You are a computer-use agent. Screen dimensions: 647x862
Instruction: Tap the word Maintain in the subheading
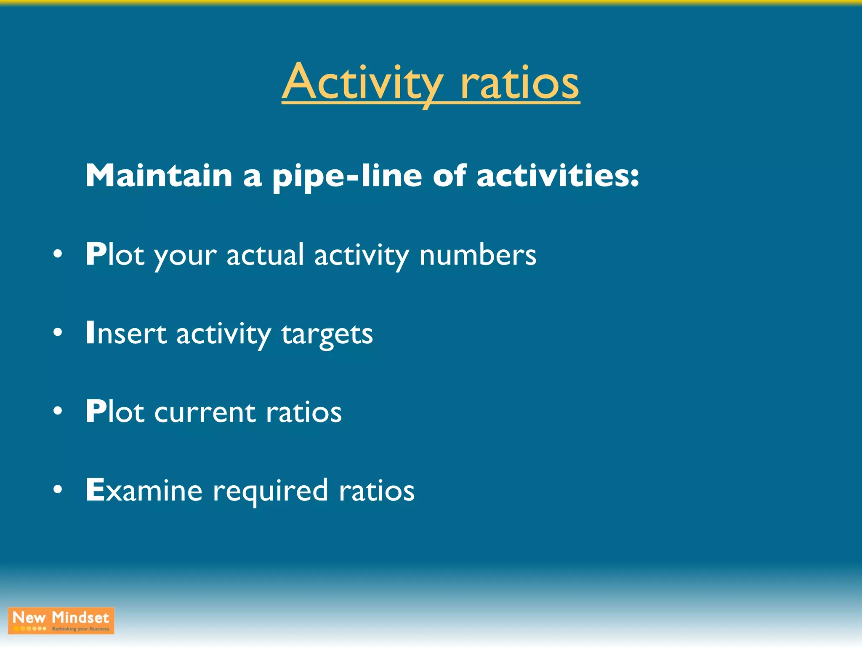[x=159, y=176]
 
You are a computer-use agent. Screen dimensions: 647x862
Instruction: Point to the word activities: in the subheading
[x=558, y=176]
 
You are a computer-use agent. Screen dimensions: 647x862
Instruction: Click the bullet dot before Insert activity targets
[x=58, y=333]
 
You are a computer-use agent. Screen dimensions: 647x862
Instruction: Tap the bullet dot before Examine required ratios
[x=58, y=490]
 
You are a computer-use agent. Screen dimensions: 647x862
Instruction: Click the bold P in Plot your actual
[x=96, y=254]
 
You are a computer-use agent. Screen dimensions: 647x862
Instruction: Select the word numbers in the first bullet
[x=477, y=255]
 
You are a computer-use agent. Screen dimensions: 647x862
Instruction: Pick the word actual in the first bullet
[x=265, y=255]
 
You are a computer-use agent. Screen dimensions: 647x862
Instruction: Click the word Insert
[x=126, y=333]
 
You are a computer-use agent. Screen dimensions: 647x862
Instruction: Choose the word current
[x=205, y=412]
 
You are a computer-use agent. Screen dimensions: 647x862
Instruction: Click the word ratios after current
[x=303, y=412]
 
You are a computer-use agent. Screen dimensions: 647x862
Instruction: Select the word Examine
[x=144, y=490]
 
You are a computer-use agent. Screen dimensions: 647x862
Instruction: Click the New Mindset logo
[x=61, y=620]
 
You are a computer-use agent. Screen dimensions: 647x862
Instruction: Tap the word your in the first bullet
[x=185, y=256]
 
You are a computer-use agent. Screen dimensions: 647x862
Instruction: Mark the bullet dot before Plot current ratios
[x=58, y=411]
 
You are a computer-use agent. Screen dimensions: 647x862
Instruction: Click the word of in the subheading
[x=449, y=176]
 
